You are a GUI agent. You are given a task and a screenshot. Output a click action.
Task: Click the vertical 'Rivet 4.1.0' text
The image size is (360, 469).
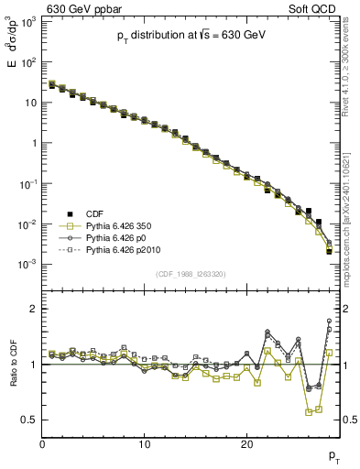350,73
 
